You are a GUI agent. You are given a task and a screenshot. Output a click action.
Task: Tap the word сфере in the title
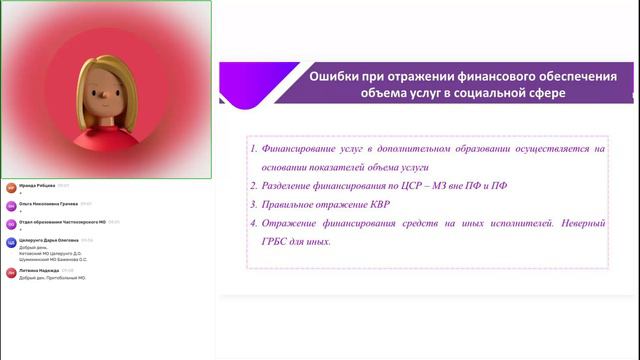pyautogui.click(x=543, y=93)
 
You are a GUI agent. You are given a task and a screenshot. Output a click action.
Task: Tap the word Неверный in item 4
pyautogui.click(x=573, y=223)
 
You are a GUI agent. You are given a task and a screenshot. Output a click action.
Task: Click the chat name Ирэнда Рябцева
pyautogui.click(x=37, y=185)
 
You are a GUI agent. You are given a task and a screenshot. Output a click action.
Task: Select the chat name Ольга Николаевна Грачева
pyautogui.click(x=49, y=204)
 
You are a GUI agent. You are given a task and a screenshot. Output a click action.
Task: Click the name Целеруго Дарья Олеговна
pyautogui.click(x=48, y=240)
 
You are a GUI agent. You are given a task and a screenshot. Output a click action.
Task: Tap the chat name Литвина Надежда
pyautogui.click(x=39, y=270)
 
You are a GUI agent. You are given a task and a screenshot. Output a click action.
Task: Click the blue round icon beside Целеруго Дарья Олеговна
pyautogui.click(x=11, y=242)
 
